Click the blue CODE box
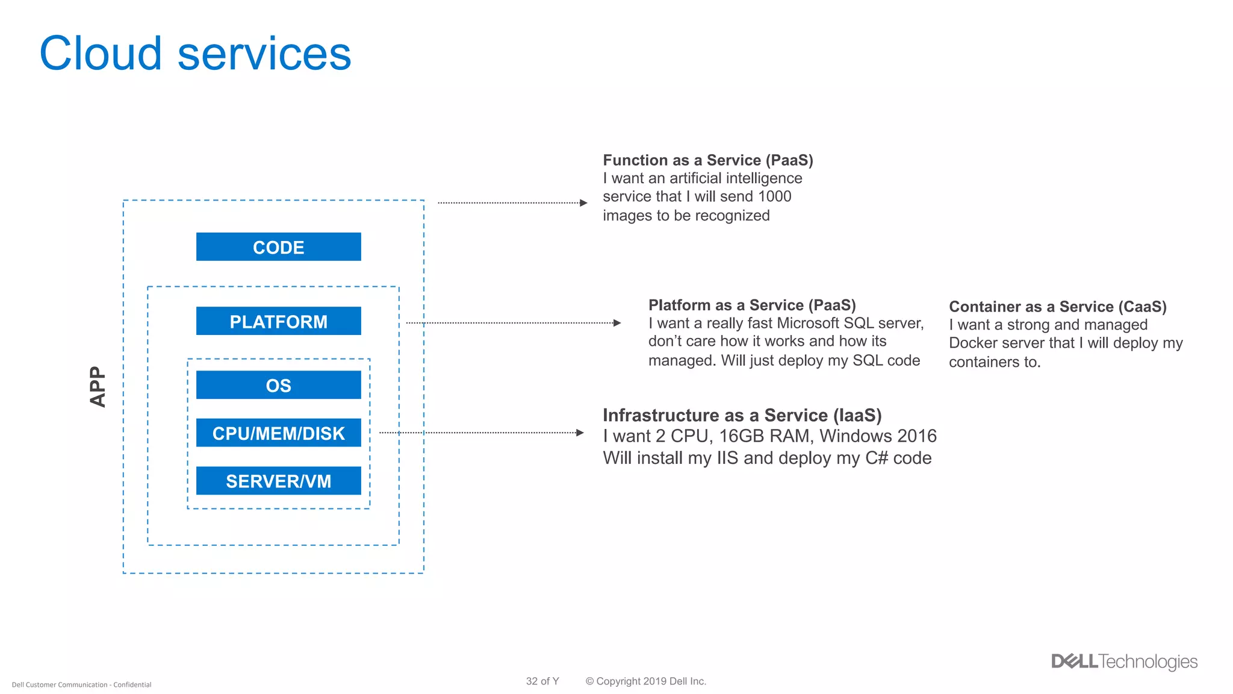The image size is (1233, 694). pyautogui.click(x=278, y=247)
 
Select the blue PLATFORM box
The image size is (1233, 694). pyautogui.click(x=278, y=321)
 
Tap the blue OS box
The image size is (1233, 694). pyautogui.click(x=278, y=385)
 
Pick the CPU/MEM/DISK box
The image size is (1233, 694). pyautogui.click(x=278, y=433)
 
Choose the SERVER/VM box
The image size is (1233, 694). pyautogui.click(x=278, y=481)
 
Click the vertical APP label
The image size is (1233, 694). pyautogui.click(x=98, y=387)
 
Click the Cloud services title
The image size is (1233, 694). pyautogui.click(x=195, y=54)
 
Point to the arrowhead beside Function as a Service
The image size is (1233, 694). pyautogui.click(x=583, y=203)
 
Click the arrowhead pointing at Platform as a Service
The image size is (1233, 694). pyautogui.click(x=617, y=323)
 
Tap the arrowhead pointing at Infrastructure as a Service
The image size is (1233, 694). pyautogui.click(x=580, y=433)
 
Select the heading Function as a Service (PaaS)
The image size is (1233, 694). pyautogui.click(x=708, y=160)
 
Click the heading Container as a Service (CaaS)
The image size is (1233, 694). pyautogui.click(x=1058, y=307)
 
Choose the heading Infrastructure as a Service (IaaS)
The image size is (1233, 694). pyautogui.click(x=742, y=415)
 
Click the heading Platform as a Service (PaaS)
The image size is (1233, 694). pyautogui.click(x=752, y=305)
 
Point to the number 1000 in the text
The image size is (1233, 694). pyautogui.click(x=774, y=196)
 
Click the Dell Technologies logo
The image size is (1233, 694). pyautogui.click(x=1124, y=661)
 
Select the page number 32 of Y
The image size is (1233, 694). pyautogui.click(x=542, y=681)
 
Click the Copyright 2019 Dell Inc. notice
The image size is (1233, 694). pyautogui.click(x=646, y=681)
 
